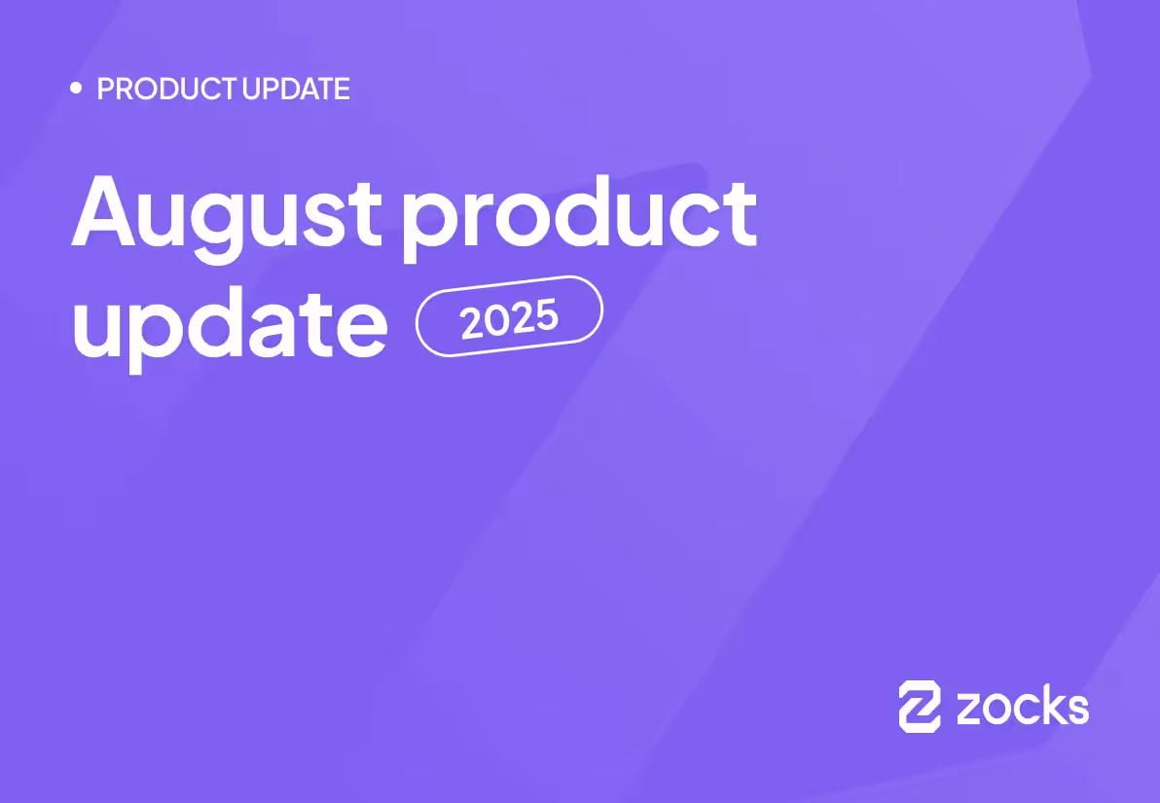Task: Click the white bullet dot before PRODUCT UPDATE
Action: tap(76, 89)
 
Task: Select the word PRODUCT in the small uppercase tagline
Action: tap(166, 90)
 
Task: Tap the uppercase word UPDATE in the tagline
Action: tap(296, 90)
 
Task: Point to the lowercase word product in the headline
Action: tap(580, 215)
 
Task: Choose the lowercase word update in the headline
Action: tap(230, 325)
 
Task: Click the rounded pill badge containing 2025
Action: tap(509, 316)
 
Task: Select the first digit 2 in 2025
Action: tap(472, 324)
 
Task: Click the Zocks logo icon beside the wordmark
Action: tap(920, 706)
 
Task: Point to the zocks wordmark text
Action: tap(1022, 707)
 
